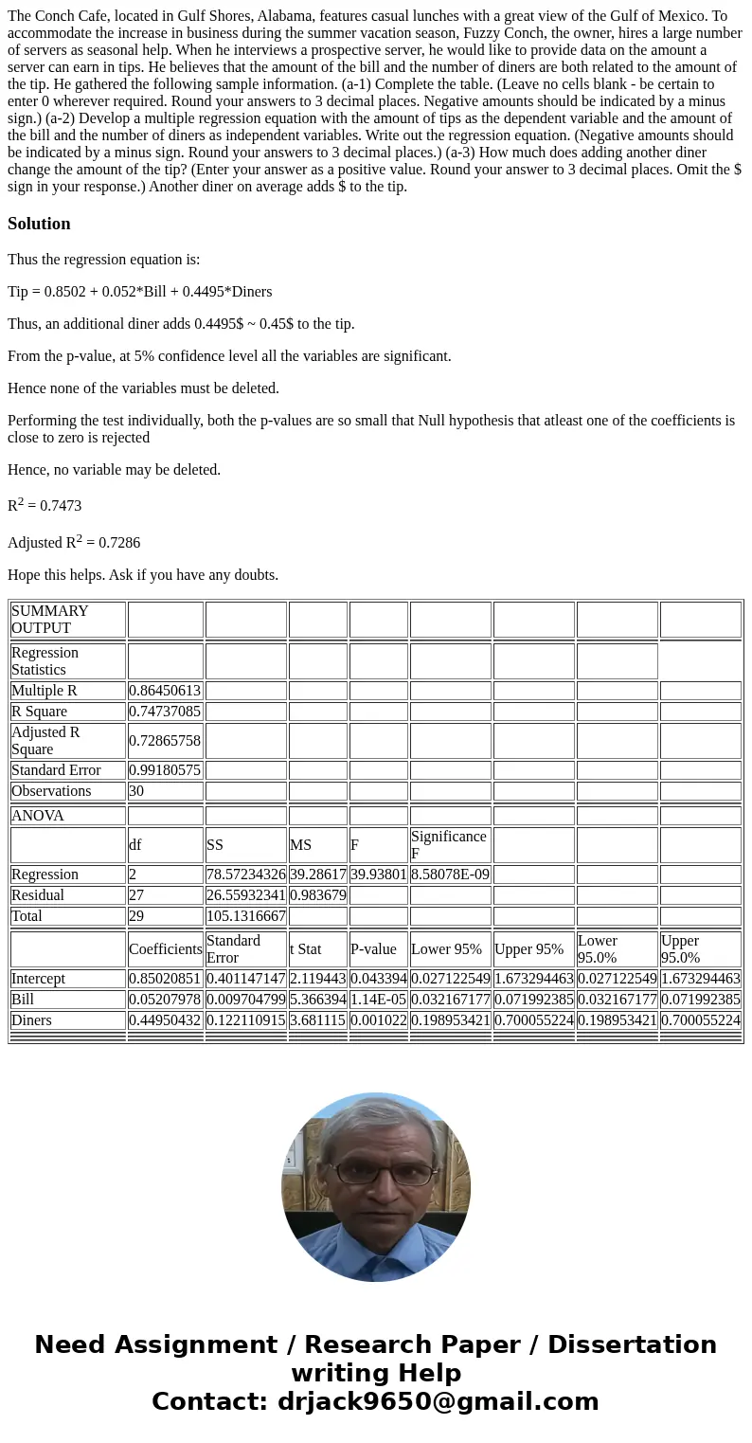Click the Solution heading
(x=39, y=224)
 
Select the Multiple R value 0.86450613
(x=165, y=691)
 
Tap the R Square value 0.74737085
(x=165, y=712)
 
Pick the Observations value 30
(x=137, y=791)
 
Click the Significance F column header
(x=448, y=844)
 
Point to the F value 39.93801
(x=378, y=875)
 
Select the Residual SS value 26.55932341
(x=245, y=895)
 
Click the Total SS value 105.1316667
(x=245, y=916)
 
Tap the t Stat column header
(x=306, y=948)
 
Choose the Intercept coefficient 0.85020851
(x=165, y=979)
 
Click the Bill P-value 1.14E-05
(x=378, y=1000)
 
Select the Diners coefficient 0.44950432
(x=165, y=1020)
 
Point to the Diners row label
(x=32, y=1020)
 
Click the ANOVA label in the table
(x=38, y=816)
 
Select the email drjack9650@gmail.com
(x=438, y=1401)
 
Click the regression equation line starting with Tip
(x=139, y=292)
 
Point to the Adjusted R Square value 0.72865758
(x=165, y=740)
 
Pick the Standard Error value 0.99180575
(x=165, y=770)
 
